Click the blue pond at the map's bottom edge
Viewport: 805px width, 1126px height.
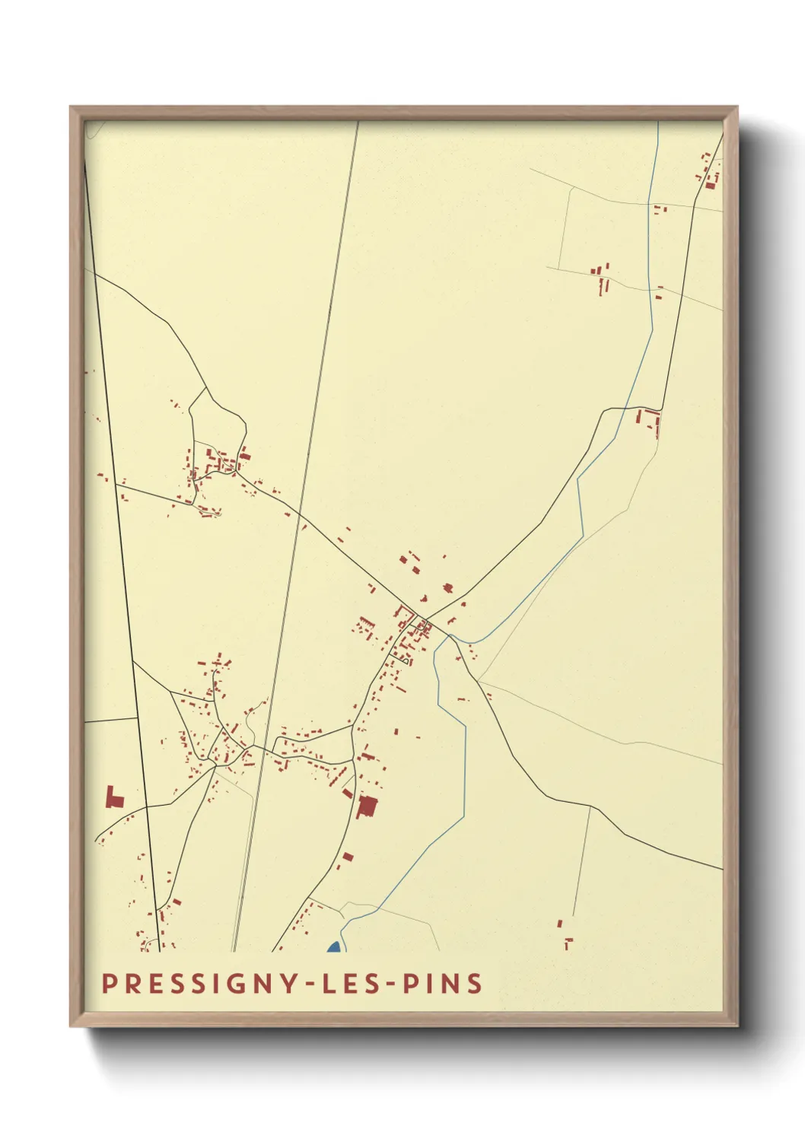333,947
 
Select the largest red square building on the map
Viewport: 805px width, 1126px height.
367,806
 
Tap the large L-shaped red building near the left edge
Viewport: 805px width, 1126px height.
114,798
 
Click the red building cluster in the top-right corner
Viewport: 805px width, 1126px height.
709,175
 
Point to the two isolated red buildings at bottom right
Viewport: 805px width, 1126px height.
564,934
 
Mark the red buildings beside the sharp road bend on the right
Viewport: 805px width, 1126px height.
649,420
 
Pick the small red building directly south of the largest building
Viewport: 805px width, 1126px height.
348,857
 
